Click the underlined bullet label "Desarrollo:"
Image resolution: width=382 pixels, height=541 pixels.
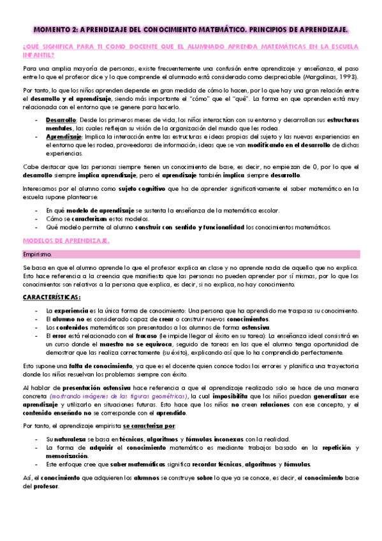61,121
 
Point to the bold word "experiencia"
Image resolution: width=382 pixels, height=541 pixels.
73,310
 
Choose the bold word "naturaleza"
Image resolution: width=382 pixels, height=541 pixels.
73,439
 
